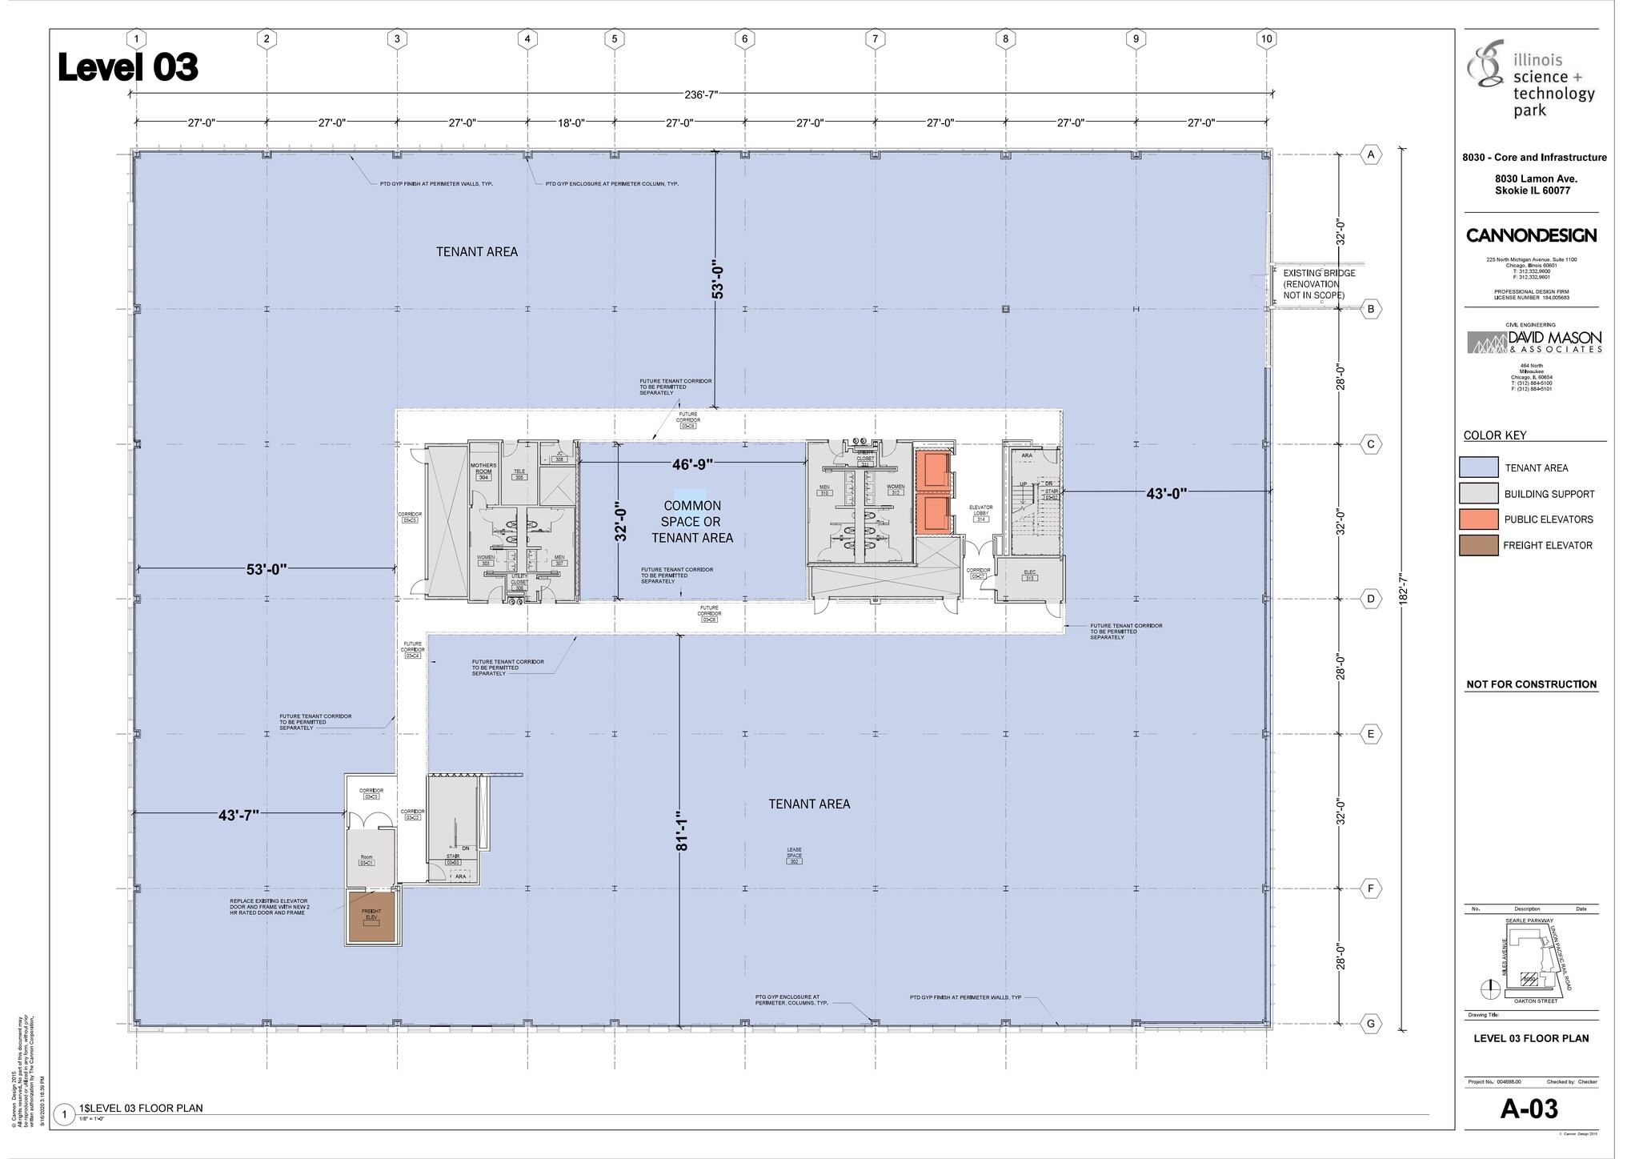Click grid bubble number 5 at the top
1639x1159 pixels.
click(614, 38)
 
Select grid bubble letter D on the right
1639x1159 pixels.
click(1371, 599)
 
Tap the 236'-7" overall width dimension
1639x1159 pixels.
click(701, 94)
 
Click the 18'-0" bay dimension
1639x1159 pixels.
click(571, 123)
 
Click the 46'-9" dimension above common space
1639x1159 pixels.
click(692, 464)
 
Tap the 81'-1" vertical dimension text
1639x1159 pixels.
click(681, 833)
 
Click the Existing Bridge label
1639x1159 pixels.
click(1319, 284)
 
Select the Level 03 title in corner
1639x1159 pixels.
click(128, 68)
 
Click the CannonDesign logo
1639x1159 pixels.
click(1531, 235)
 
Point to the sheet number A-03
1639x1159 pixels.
click(1529, 1109)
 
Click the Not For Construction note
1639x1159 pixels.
click(1531, 684)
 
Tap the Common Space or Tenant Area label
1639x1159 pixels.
click(692, 522)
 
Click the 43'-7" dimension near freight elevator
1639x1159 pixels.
click(238, 816)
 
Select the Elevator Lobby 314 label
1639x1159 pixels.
click(980, 513)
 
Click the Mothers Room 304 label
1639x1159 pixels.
click(483, 471)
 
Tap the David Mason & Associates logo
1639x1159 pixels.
click(1534, 343)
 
